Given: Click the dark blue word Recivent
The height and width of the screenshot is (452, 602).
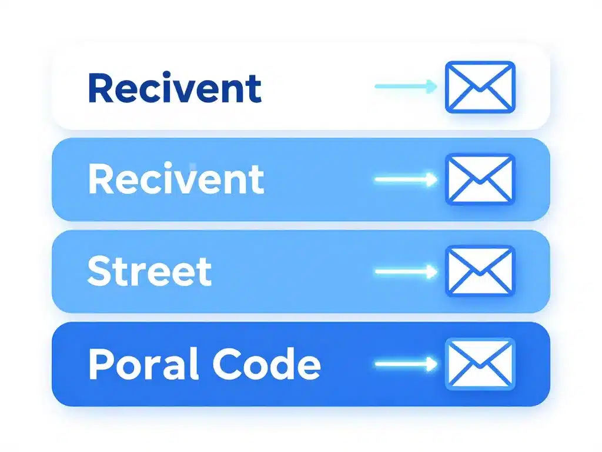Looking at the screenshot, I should tap(175, 88).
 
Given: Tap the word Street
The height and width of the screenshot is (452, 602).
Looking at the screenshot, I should tap(149, 271).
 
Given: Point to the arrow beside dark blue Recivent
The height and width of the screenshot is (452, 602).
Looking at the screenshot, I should tap(406, 87).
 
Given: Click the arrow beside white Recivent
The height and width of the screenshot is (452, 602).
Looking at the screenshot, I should tap(406, 180).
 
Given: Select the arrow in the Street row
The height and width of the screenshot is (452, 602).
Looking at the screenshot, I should tap(406, 271).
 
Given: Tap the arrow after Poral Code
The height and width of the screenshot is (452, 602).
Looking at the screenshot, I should tap(406, 364).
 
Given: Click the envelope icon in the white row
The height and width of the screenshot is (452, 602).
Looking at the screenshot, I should tap(480, 87).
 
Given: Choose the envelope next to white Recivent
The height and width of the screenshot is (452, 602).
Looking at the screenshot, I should tap(480, 179).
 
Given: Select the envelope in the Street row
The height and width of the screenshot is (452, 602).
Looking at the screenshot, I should tap(480, 271).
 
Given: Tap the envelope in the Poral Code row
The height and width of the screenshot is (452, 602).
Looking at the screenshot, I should tap(480, 364).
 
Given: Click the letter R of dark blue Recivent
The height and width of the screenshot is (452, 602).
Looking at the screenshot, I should tap(100, 88).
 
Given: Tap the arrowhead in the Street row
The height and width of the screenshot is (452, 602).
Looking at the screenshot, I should tap(432, 271).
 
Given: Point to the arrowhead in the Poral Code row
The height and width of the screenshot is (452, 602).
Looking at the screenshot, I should tap(432, 364).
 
